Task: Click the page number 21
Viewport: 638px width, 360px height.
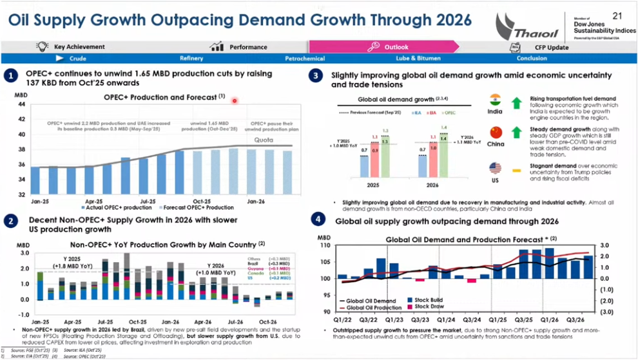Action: pos(617,15)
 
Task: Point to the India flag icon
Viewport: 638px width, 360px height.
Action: pos(495,100)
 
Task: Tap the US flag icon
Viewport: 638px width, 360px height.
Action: pos(495,168)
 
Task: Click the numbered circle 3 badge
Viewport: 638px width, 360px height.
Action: pos(316,76)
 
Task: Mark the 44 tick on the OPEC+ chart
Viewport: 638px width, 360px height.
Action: pos(21,104)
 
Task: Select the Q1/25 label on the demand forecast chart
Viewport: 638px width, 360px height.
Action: pos(497,319)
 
